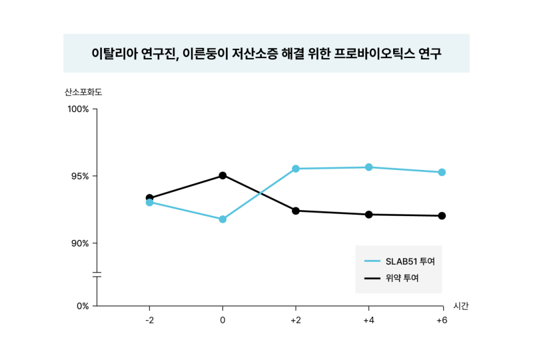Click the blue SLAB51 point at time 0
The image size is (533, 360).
223,219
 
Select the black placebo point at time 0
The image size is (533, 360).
223,175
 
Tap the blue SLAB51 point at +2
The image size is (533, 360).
296,169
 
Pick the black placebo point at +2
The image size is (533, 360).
296,211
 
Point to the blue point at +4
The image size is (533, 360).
368,167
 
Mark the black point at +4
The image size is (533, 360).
368,215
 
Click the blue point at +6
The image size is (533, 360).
442,172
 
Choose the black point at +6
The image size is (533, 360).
442,216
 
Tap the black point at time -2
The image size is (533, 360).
149,198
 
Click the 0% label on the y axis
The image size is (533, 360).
82,306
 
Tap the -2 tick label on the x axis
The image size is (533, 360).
149,321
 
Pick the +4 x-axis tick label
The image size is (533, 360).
368,321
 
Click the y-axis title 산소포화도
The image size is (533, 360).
83,92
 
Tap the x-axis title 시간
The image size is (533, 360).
460,306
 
